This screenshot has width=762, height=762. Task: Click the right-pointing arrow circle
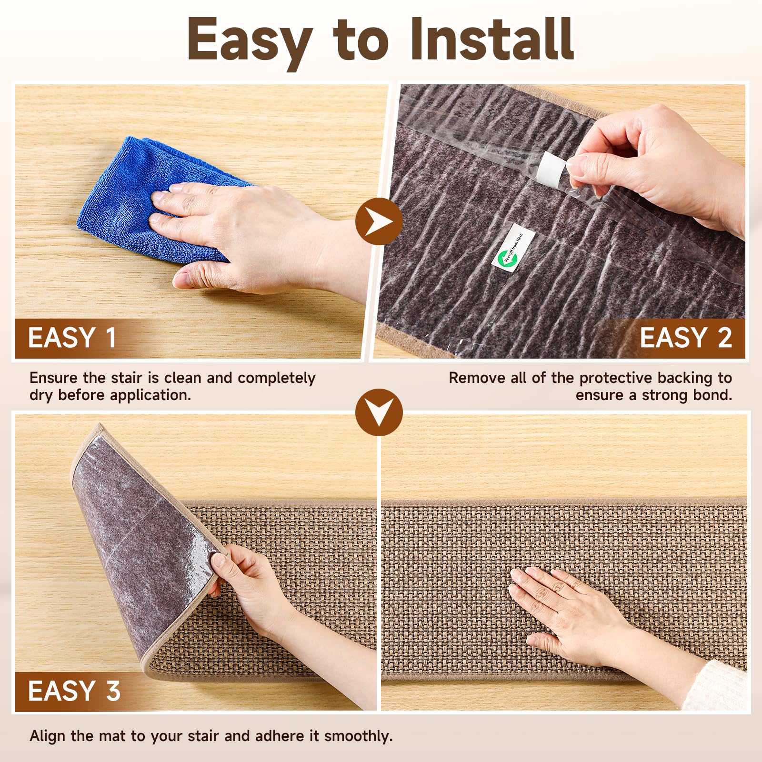[x=379, y=221]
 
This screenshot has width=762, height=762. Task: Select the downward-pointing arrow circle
[x=379, y=412]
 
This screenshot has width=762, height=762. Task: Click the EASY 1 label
[x=72, y=338]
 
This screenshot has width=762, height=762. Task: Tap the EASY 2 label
[x=685, y=338]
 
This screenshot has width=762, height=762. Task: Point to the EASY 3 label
[x=74, y=691]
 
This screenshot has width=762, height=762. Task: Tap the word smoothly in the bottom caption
[x=358, y=736]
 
